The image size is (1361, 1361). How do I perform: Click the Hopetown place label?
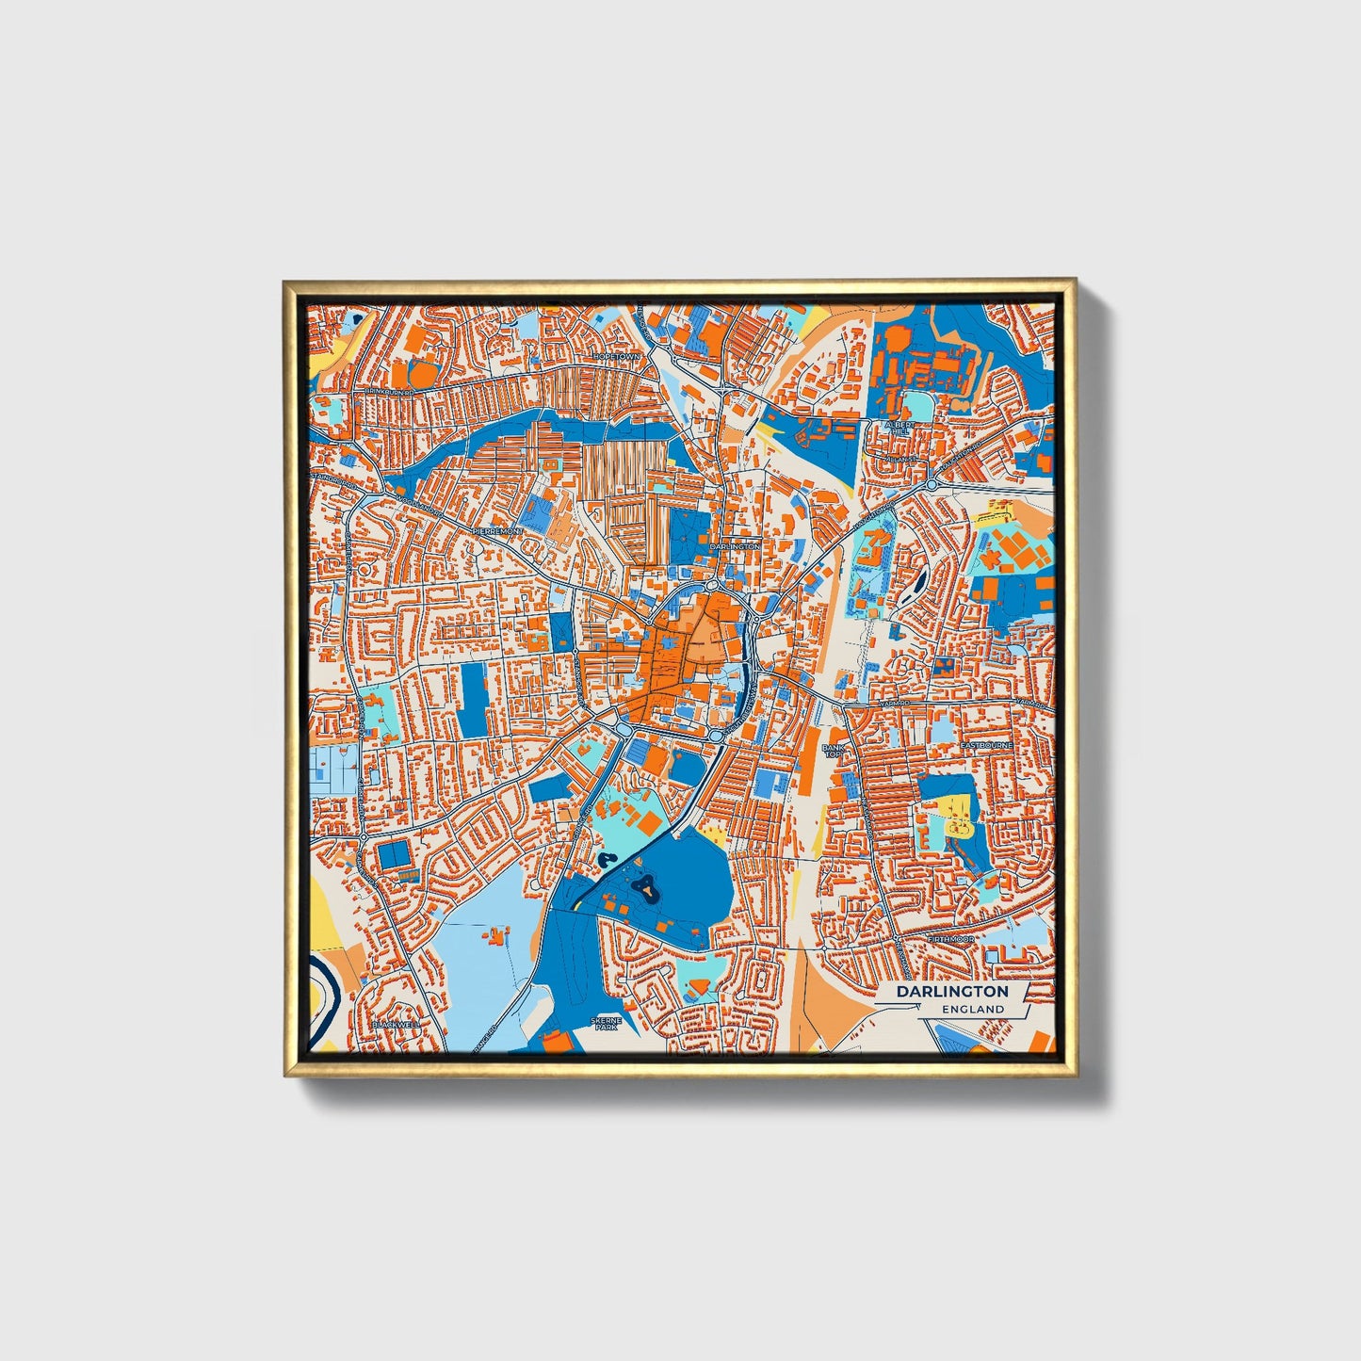(616, 357)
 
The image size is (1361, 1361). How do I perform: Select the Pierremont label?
(497, 531)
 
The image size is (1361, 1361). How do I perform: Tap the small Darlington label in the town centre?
(735, 546)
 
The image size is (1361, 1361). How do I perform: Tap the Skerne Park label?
(604, 1024)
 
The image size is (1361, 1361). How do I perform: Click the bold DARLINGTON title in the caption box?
(951, 992)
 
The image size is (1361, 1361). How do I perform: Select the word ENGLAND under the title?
(972, 1009)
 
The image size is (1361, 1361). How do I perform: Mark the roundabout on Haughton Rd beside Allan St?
(932, 484)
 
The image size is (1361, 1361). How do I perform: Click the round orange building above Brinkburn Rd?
(424, 374)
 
